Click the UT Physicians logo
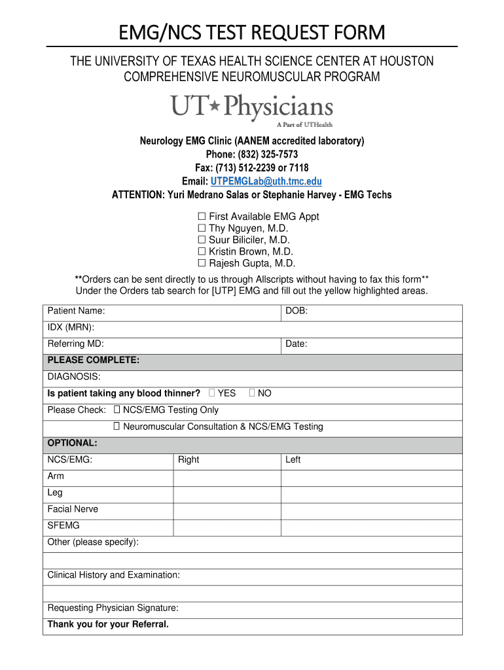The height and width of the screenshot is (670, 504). tap(252, 109)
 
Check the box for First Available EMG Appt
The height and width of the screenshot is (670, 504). tap(202, 217)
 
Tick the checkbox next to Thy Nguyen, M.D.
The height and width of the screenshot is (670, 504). tap(202, 228)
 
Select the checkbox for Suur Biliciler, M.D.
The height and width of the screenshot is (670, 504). tap(202, 240)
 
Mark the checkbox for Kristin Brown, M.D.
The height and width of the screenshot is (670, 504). tap(202, 252)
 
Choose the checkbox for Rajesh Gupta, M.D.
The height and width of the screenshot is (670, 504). tap(202, 264)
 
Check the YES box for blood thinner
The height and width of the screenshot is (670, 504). tap(211, 393)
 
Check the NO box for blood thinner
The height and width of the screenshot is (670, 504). tap(252, 393)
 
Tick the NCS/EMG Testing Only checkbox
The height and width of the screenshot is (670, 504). tap(117, 410)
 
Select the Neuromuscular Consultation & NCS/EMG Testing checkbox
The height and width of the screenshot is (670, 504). tap(117, 427)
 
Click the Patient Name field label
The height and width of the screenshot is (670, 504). tap(76, 311)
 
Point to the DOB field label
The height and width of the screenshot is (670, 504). tap(297, 311)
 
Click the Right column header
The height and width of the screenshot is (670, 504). tap(189, 460)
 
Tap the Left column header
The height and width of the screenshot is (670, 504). tap(293, 460)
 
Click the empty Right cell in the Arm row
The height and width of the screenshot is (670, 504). tap(226, 477)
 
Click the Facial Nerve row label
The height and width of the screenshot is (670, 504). tap(73, 509)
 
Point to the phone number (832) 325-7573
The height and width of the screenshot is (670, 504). tap(252, 154)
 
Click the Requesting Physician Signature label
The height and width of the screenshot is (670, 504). tap(113, 608)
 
